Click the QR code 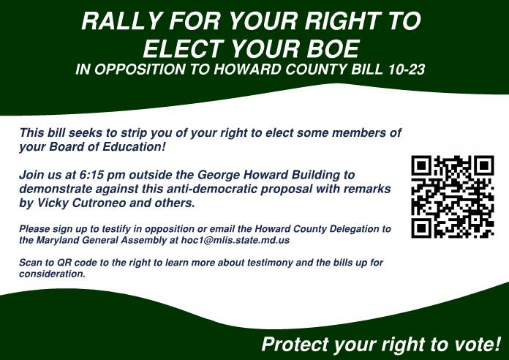coord(453,196)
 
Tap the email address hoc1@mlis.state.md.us coord(235,239)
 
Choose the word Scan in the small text coord(30,262)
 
